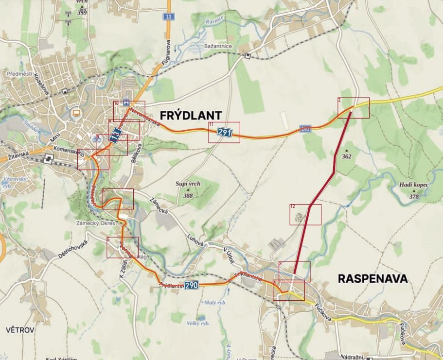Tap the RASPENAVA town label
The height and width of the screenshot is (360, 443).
372,279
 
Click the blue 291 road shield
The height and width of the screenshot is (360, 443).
224,132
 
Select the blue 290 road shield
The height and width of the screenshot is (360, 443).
192,285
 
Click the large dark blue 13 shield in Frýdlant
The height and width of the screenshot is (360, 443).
115,135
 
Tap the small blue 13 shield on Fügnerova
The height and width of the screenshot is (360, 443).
169,17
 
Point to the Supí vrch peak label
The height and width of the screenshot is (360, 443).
188,184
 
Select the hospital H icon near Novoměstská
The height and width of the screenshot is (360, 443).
126,103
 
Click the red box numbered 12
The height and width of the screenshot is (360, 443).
305,214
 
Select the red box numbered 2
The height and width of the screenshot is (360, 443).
354,107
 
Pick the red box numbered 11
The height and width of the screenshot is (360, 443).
224,132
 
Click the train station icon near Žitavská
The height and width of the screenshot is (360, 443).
49,158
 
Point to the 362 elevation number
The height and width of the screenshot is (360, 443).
346,156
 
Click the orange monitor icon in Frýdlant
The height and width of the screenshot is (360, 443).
76,113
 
